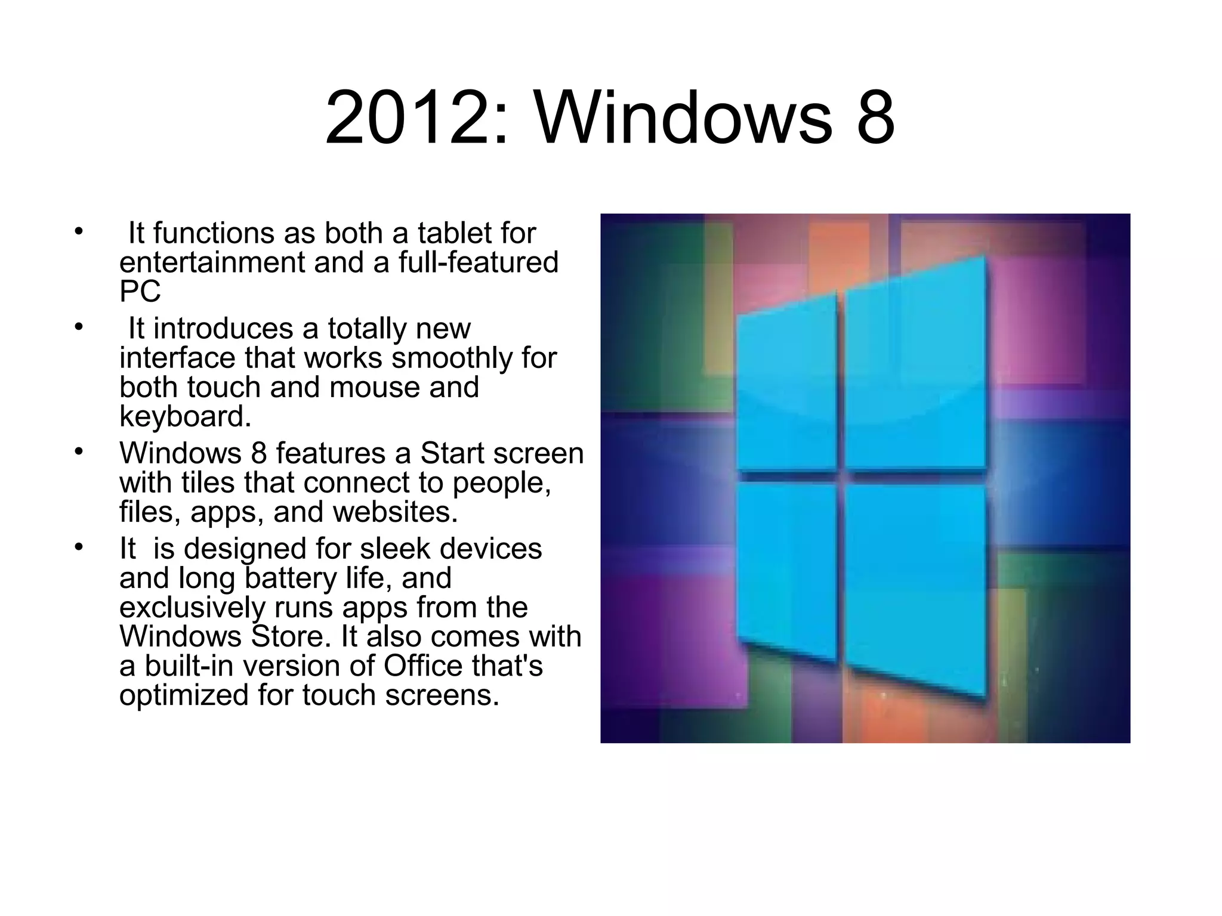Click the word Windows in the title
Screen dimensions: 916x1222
(x=683, y=118)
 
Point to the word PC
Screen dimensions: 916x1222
(x=140, y=292)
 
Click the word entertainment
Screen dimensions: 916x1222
(x=212, y=263)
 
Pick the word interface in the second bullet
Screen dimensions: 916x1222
(x=177, y=358)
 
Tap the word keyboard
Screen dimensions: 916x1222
(x=185, y=417)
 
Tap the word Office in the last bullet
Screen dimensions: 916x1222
(x=422, y=666)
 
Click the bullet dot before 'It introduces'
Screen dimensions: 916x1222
(x=78, y=327)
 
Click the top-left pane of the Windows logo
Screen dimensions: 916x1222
(x=786, y=388)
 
